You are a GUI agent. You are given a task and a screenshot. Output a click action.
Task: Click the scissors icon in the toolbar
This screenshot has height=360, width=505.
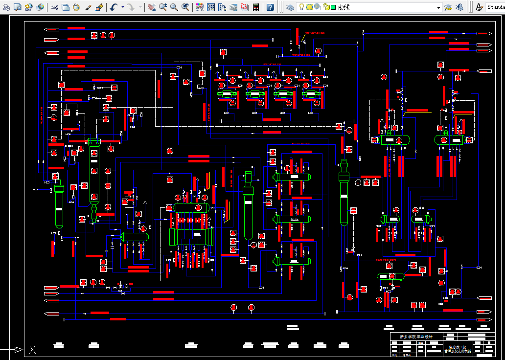pos(54,7)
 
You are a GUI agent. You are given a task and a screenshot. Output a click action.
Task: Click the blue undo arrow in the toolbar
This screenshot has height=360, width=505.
pos(114,7)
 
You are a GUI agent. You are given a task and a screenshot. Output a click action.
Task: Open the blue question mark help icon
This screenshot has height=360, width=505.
pos(270,7)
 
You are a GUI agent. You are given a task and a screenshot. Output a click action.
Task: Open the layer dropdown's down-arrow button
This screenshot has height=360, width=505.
pos(439,8)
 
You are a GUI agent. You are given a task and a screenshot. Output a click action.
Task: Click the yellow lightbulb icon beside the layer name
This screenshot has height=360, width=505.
pos(302,7)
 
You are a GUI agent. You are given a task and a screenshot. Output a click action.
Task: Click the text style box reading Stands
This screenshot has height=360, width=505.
pos(495,7)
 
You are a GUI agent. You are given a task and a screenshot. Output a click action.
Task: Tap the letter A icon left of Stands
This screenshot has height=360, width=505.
pos(479,7)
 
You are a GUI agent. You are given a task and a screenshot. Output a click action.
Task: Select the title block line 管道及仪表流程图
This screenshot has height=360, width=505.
pos(457,351)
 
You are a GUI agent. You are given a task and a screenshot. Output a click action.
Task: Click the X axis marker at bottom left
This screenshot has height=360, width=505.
pos(32,349)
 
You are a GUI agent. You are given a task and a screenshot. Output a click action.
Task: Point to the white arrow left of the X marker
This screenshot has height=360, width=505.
pos(18,349)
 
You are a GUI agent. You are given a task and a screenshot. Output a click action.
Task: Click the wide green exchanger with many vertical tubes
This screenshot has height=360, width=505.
pos(192,237)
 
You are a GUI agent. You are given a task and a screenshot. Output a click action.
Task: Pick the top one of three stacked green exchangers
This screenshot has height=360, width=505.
pos(292,177)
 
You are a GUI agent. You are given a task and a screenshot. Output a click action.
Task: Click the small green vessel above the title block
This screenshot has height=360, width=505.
pos(390,276)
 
